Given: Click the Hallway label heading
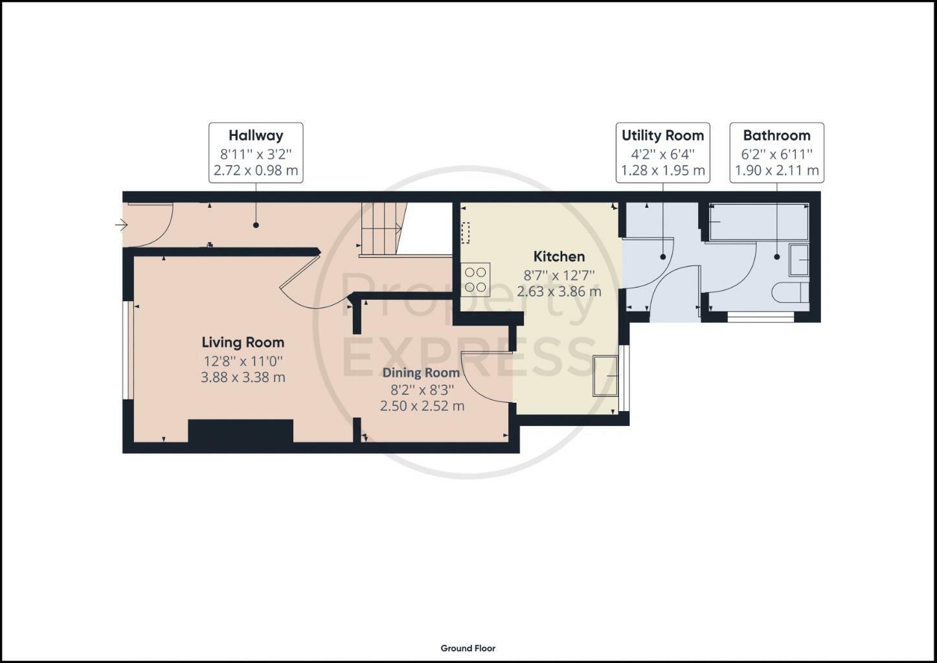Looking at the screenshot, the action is coord(256,135).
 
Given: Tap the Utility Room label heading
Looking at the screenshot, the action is coord(662,135).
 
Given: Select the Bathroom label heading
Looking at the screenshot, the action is coord(777,135).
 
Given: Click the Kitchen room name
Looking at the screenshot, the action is coord(559,256).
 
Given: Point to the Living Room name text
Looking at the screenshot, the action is coord(243,343).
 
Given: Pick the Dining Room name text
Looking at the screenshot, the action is coord(422,373).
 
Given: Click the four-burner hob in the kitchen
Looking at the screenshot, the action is coord(475,280).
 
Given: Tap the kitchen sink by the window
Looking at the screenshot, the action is coord(605,376).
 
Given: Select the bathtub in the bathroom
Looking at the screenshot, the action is coord(759,221).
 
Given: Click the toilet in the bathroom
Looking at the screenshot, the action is coord(791,293).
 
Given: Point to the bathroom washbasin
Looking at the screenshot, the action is coord(799,260).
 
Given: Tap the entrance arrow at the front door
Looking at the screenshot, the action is coord(121,225).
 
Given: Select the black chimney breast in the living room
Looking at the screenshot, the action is coord(240,431).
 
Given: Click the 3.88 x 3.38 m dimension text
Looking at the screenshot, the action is coord(243,377).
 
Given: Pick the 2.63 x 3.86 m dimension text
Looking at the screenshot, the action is coord(559,291).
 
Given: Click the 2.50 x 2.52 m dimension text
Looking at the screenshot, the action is coord(422,406).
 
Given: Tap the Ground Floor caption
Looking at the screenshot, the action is coord(468,648).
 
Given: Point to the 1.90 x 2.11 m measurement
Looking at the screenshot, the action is coord(777,171).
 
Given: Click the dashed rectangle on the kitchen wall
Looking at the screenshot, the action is coord(465,233).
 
